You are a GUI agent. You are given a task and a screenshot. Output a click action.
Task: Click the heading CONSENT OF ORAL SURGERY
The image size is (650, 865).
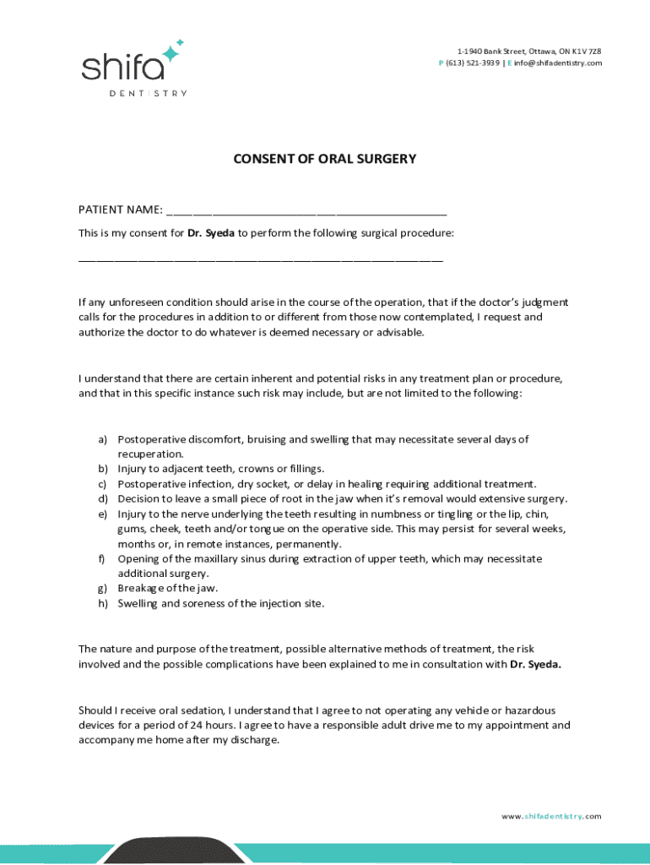pos(325,159)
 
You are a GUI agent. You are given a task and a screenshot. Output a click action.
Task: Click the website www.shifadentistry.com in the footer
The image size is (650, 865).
pos(551,816)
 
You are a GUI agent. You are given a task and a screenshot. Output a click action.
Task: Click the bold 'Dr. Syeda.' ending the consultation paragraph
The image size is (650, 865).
pos(535,664)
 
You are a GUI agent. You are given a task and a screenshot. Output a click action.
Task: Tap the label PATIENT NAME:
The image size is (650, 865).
pos(121,209)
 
